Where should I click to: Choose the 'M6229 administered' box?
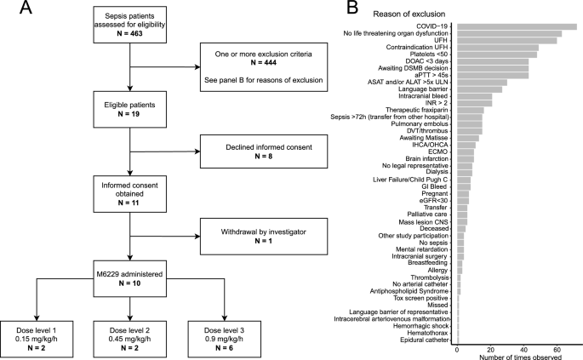click(129, 277)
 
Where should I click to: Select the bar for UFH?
click(507, 40)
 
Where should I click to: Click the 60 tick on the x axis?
click(557, 349)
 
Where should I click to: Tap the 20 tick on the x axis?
click(490, 349)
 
